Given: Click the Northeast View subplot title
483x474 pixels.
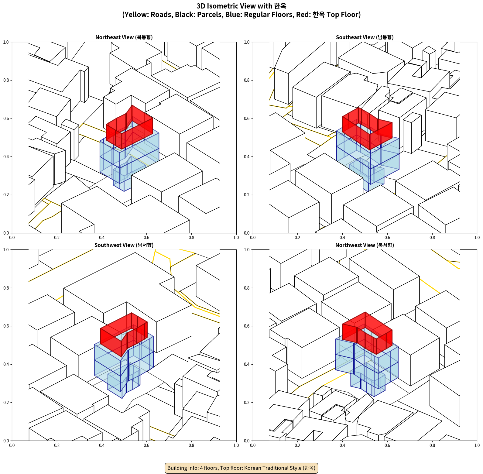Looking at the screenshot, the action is tap(124, 37).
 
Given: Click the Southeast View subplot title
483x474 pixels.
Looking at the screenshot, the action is tap(365, 37).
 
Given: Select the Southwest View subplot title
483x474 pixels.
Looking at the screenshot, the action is tap(124, 245).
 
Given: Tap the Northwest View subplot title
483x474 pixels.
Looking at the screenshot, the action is tap(365, 245).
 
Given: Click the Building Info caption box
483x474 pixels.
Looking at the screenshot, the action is tap(241, 468).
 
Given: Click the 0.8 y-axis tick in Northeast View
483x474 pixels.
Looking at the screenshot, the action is tap(6, 80).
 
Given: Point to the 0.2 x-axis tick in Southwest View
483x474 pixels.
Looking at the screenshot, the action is tap(57, 445).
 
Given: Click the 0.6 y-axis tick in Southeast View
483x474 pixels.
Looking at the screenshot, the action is tap(247, 118).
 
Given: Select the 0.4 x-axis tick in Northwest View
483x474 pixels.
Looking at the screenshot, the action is tap(342, 445).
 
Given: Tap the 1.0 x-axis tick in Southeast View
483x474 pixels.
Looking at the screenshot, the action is tap(477, 238).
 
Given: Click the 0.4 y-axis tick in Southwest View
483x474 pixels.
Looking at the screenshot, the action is tap(6, 364).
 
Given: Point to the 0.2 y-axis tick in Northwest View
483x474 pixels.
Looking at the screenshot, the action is tap(247, 403).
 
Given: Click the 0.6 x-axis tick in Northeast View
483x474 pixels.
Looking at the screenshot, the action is tap(146, 238).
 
